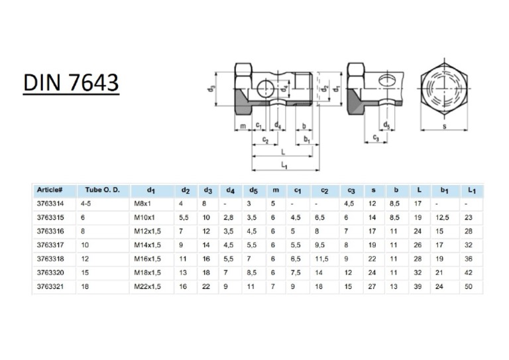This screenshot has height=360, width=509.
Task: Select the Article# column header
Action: tap(50, 190)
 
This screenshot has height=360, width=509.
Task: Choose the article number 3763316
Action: tap(50, 231)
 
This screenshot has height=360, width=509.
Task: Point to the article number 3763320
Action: tap(50, 271)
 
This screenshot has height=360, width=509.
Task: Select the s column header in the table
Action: tap(373, 190)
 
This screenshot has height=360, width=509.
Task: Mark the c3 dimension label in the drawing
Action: tap(376, 138)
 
